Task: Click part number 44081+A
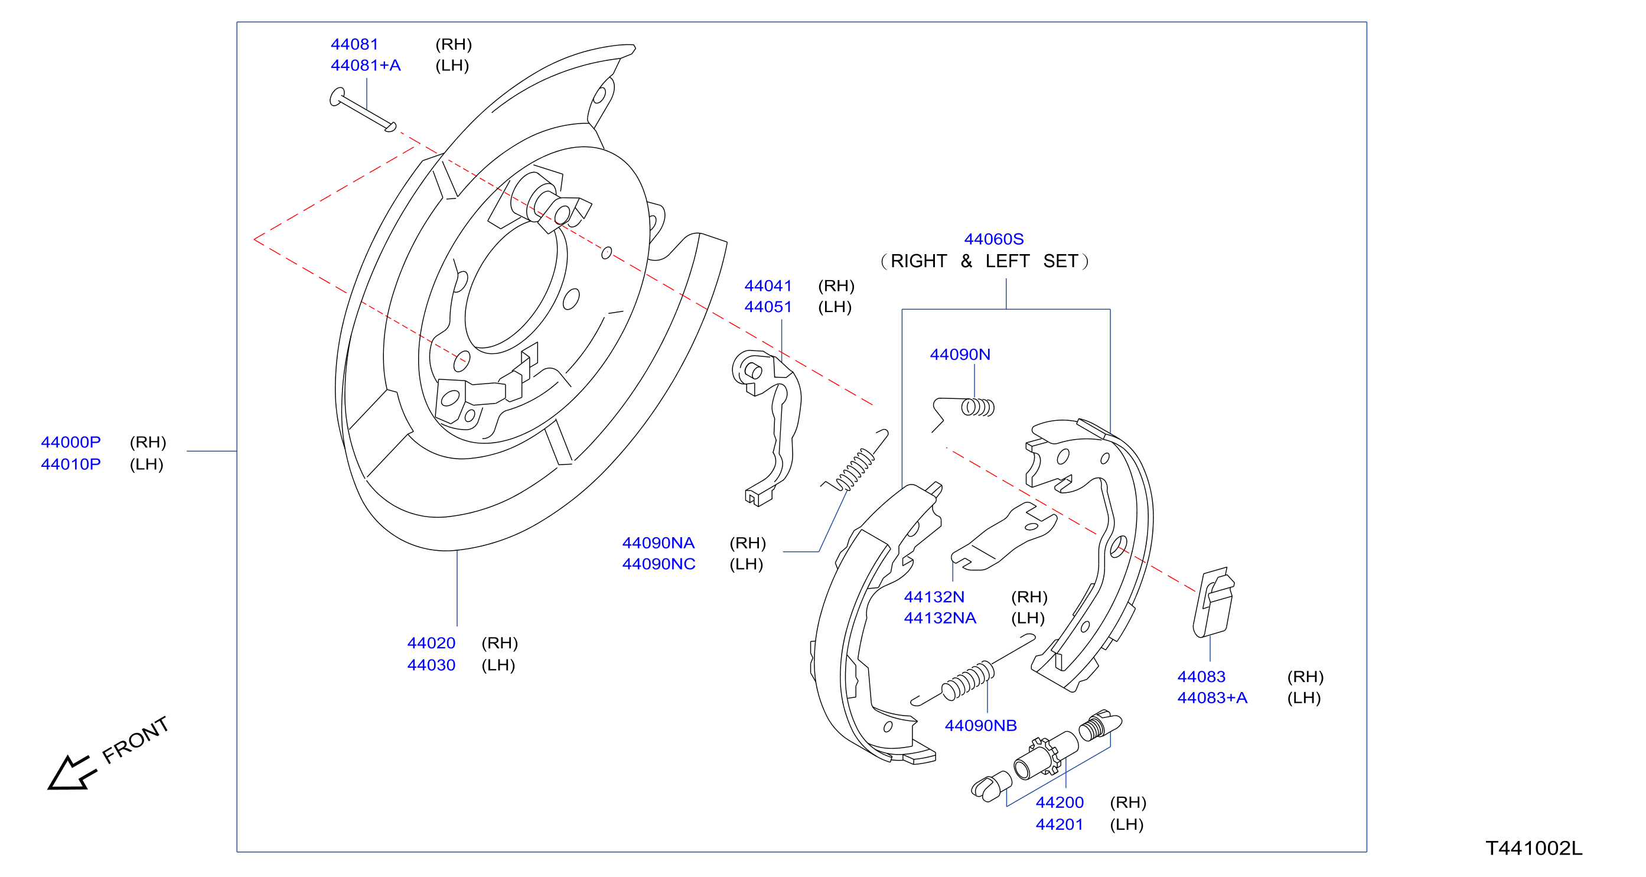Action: (x=366, y=65)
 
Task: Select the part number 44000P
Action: (x=71, y=442)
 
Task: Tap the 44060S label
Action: (x=993, y=239)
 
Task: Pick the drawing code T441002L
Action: (x=1534, y=848)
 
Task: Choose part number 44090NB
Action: (x=981, y=726)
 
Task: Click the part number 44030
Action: (x=431, y=665)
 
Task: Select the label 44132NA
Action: (x=940, y=618)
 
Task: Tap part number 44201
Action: (x=1060, y=824)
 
